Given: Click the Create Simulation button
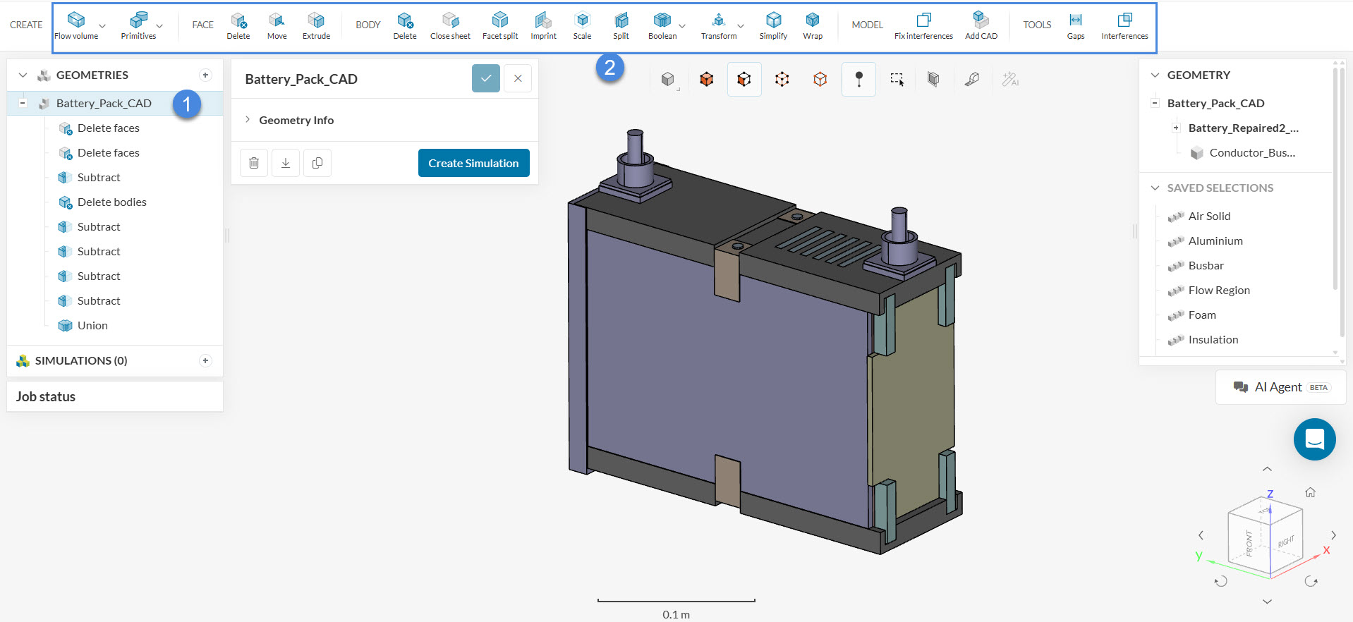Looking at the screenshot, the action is pos(473,163).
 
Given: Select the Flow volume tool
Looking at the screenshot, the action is pos(76,25).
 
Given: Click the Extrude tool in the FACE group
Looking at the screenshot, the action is pos(316,25).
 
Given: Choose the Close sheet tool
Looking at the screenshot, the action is pos(450,25).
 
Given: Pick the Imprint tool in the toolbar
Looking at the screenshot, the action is pos(543,25).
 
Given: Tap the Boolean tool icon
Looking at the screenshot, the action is pos(662,20).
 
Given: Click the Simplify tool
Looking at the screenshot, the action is pos(773,25).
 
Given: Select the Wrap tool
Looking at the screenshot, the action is pos(813,25).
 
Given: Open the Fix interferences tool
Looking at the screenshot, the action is pos(923,25).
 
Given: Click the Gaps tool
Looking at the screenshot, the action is pos(1076,25).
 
